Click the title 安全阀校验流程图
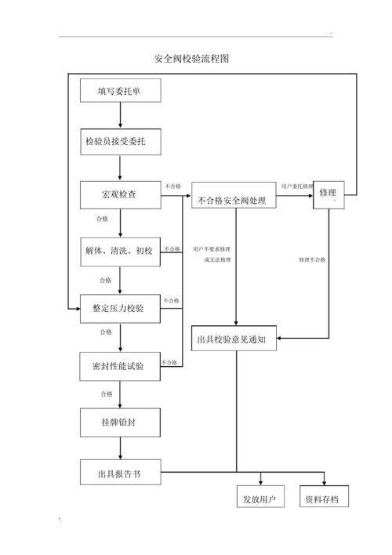191,59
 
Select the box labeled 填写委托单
121,91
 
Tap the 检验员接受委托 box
121,142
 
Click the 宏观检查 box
121,194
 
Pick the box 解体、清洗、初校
121,252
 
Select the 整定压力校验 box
121,309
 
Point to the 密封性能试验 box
120,366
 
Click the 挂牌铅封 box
121,423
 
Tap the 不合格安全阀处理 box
234,195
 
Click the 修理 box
328,195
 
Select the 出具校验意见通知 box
234,339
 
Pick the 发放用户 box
260,496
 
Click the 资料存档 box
324,496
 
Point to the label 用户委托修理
297,187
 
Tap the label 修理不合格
312,259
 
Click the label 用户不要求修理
212,249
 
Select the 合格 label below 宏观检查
103,219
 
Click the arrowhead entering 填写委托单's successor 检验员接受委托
121,125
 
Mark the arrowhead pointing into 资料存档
324,482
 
